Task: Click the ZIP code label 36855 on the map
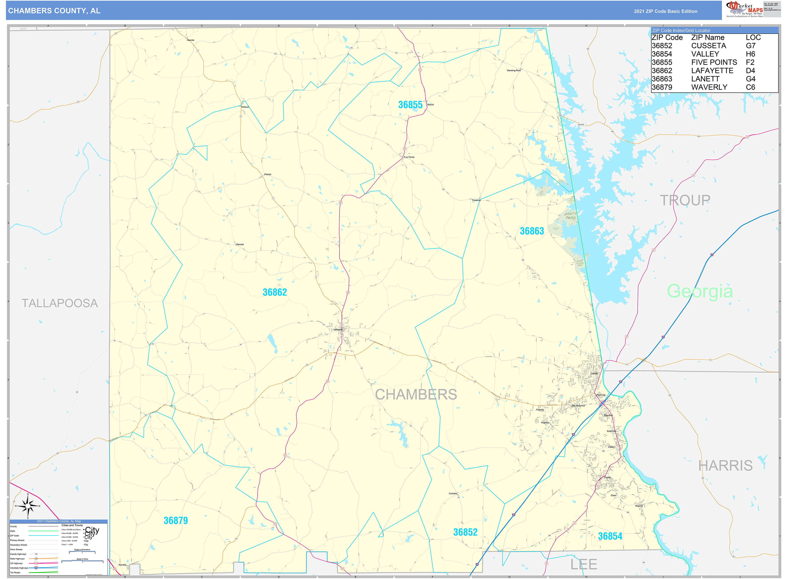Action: tap(410, 105)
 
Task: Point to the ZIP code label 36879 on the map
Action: tap(176, 520)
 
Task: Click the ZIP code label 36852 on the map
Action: tap(465, 532)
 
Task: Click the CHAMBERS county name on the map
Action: tap(416, 394)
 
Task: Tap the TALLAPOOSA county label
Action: tap(60, 303)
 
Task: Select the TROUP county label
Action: tap(685, 200)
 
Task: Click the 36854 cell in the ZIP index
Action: tap(662, 54)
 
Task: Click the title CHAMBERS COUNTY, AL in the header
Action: tap(54, 11)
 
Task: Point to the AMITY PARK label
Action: tap(570, 216)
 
